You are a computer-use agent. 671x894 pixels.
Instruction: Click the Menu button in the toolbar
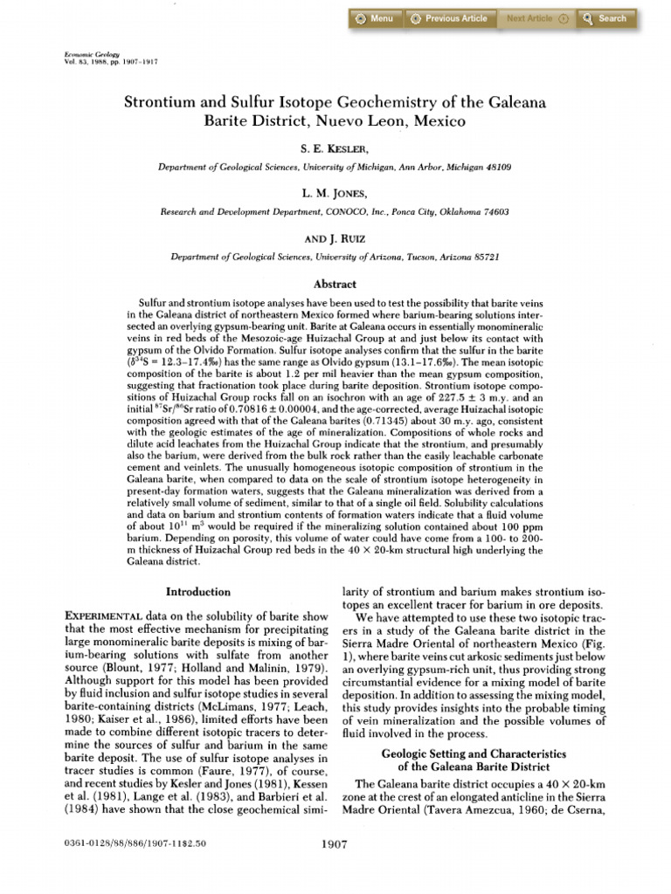click(374, 18)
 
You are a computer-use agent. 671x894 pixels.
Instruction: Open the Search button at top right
click(605, 18)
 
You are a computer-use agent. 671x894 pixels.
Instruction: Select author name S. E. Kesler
click(335, 150)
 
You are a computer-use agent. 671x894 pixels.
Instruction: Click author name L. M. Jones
click(335, 196)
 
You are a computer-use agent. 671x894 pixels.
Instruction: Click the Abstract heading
click(335, 284)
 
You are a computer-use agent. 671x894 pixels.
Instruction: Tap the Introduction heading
click(198, 592)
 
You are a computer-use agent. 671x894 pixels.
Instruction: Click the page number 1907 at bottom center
click(335, 844)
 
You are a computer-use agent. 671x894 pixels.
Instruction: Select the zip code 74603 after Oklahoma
click(494, 211)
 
